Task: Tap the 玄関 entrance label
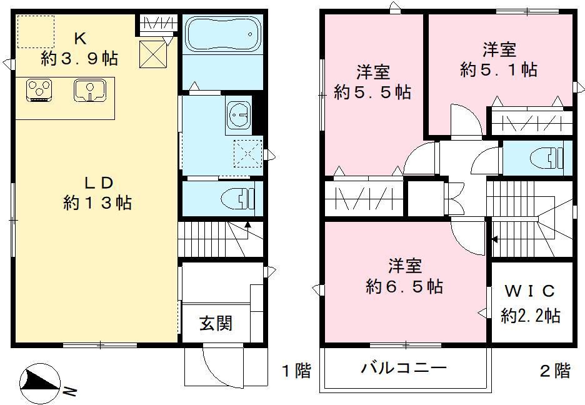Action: click(x=216, y=323)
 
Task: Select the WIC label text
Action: click(x=530, y=291)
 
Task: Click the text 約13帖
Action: click(x=97, y=202)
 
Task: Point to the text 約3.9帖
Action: click(x=79, y=59)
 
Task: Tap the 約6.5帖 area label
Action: click(x=404, y=286)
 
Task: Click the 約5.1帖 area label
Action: click(x=498, y=69)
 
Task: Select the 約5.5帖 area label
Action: click(x=372, y=92)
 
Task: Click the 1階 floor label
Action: click(x=295, y=371)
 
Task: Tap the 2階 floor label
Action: click(x=554, y=371)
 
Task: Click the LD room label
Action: click(x=99, y=183)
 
